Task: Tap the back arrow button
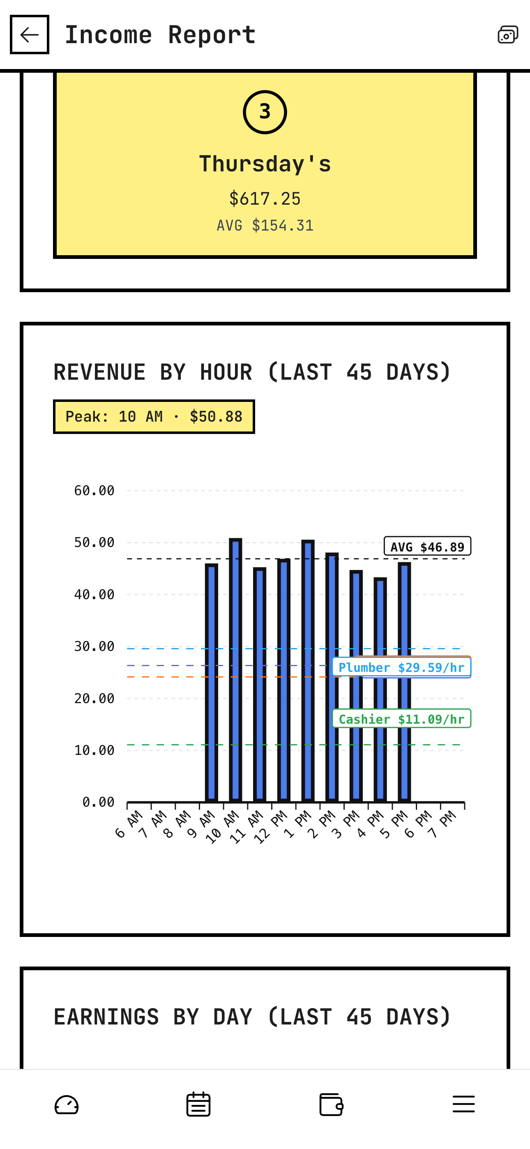30,35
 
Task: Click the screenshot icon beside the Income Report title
508,35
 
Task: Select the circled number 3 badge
265,112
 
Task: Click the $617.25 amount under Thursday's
265,198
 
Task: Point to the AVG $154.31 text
265,225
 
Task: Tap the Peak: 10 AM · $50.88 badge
154,417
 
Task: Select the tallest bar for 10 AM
235,669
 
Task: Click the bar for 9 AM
212,683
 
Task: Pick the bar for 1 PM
308,669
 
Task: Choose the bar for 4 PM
380,689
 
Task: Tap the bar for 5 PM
404,683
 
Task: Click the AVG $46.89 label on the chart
427,547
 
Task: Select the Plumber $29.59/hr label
401,667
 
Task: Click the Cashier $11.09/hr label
401,719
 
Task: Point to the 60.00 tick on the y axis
94,491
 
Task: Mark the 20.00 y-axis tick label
94,699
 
